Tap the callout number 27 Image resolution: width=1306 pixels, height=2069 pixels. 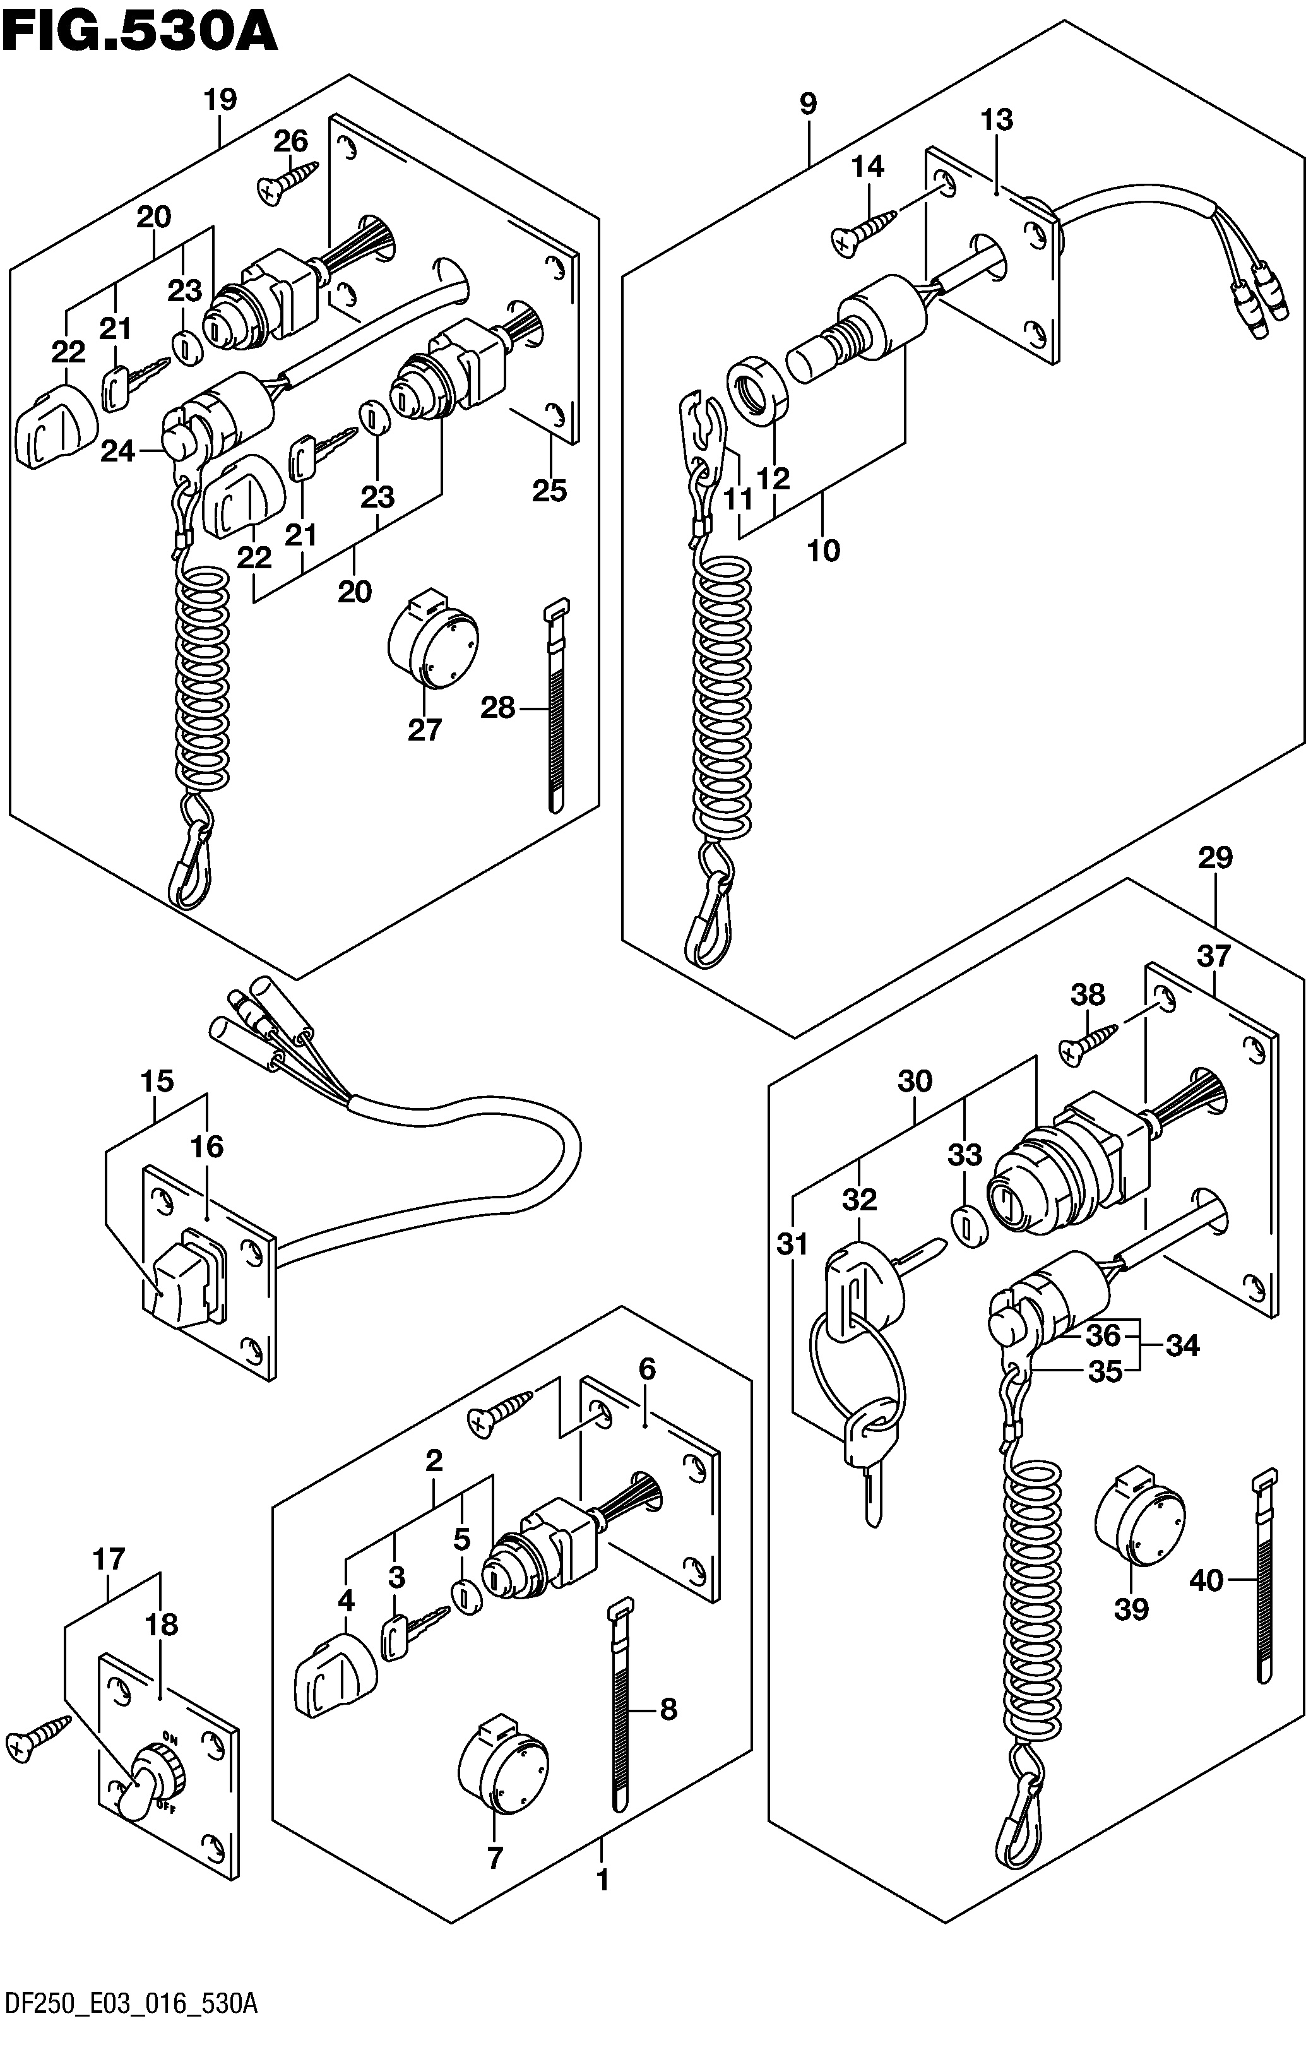click(x=424, y=729)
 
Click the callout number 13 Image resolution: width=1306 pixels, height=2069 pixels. click(x=997, y=119)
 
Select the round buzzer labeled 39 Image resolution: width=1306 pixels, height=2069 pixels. click(x=1139, y=1521)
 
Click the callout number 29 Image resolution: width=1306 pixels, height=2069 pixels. click(x=1215, y=857)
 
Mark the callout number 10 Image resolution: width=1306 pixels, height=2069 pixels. click(x=823, y=550)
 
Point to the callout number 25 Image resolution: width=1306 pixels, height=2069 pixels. click(x=550, y=491)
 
